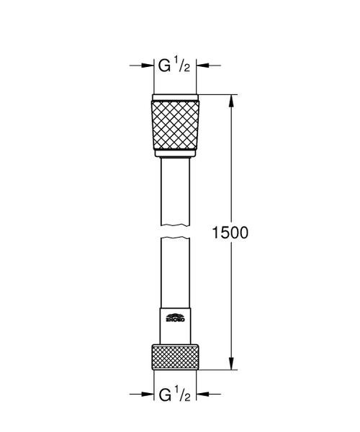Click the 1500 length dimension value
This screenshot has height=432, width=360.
click(x=230, y=233)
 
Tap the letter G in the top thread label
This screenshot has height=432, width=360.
click(x=165, y=66)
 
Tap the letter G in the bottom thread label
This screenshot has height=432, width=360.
click(x=165, y=395)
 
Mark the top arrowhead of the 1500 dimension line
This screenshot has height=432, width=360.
click(x=231, y=99)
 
